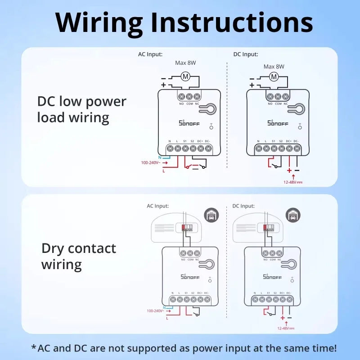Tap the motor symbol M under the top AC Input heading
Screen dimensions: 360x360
tap(185, 77)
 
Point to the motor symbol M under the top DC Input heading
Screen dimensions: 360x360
tap(274, 77)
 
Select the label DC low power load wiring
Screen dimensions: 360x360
tap(81, 109)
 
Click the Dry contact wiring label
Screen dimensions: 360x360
tap(79, 256)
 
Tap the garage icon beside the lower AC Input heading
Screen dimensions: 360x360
tap(210, 215)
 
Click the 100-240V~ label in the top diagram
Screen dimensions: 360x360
tap(150, 162)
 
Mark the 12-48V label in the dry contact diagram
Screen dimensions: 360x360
tap(285, 328)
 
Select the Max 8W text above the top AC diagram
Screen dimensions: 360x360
tap(185, 63)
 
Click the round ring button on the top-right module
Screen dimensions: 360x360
tap(297, 109)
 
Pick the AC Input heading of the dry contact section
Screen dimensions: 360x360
tap(157, 206)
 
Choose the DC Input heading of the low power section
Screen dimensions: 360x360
tap(246, 54)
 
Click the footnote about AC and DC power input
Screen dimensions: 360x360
tap(183, 348)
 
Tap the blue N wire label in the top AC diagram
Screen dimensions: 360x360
tap(159, 157)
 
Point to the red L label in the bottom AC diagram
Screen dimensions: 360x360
tap(167, 318)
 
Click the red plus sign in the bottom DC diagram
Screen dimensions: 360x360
tap(283, 318)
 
